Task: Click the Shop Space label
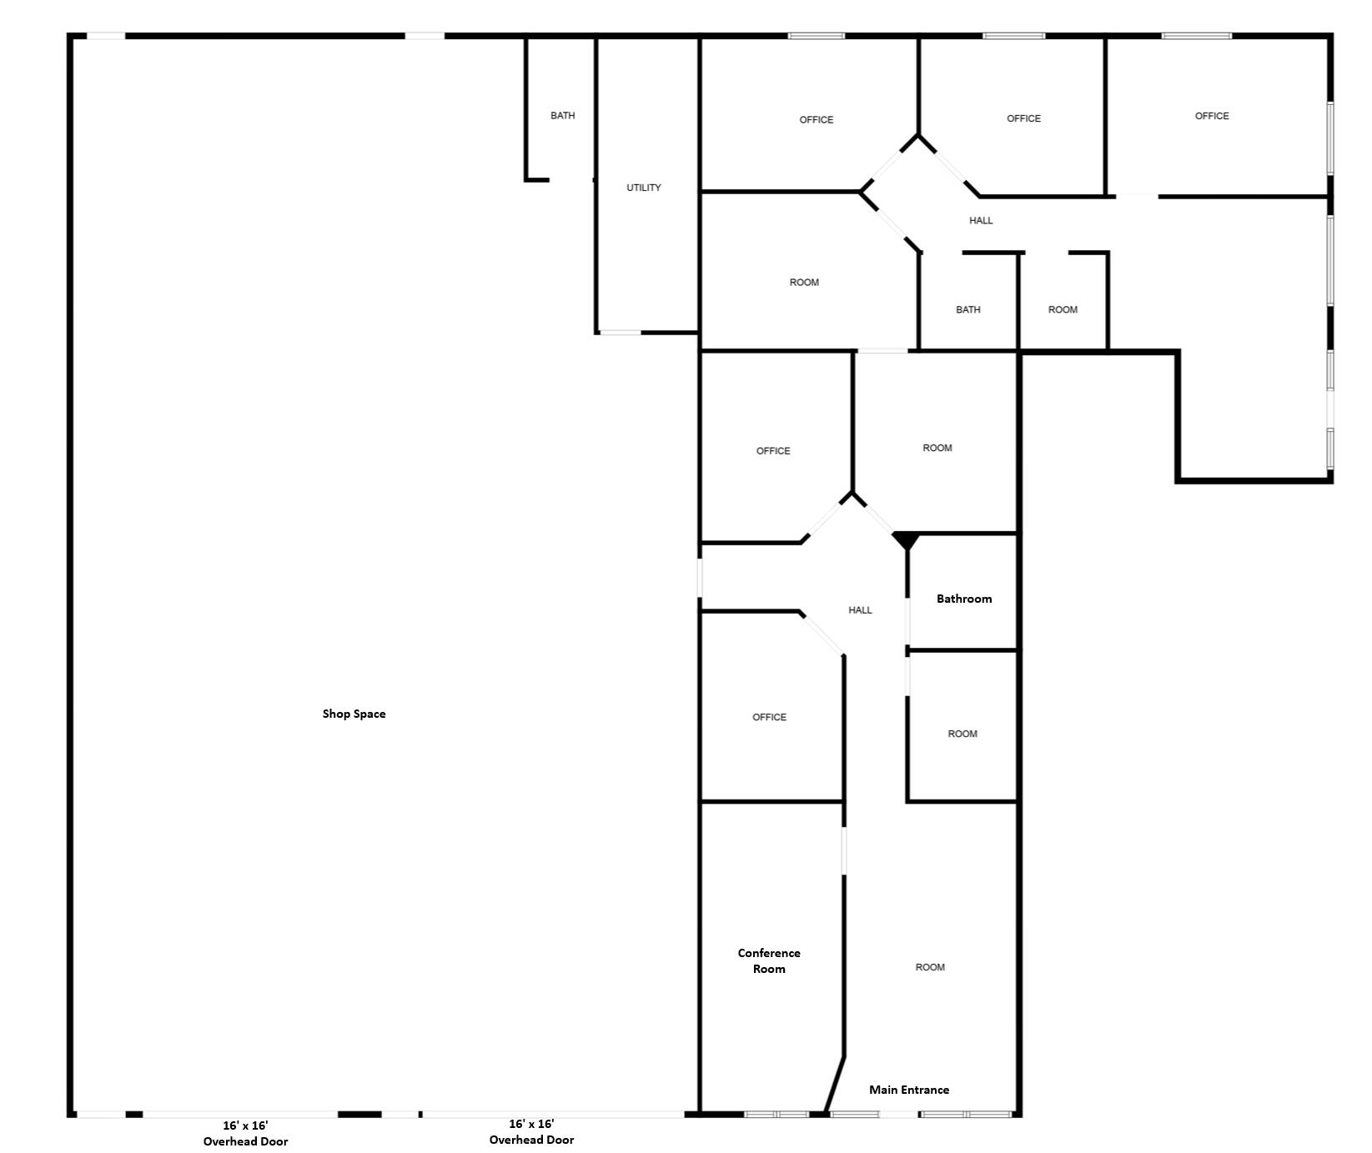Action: tap(354, 714)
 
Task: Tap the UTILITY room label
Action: tap(644, 188)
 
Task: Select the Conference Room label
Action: tap(769, 960)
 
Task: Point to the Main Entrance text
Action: tap(909, 1090)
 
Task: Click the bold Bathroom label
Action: tap(964, 599)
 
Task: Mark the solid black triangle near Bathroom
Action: tap(906, 540)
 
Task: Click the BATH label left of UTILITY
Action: tap(563, 116)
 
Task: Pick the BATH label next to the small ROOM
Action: tap(968, 309)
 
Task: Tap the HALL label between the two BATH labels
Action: tap(982, 221)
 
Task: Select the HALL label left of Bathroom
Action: tap(861, 610)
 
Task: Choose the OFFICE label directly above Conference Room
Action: tap(769, 717)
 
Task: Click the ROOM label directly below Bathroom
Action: tap(962, 734)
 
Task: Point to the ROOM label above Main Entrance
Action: tap(930, 967)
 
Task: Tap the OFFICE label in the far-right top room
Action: tap(1212, 116)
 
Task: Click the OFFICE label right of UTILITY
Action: tap(817, 120)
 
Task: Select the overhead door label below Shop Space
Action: tap(246, 1133)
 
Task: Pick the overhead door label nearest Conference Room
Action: tap(532, 1132)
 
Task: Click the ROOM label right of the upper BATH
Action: tap(1063, 309)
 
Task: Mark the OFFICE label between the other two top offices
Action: tap(1024, 118)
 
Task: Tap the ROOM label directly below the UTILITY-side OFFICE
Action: tap(805, 283)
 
